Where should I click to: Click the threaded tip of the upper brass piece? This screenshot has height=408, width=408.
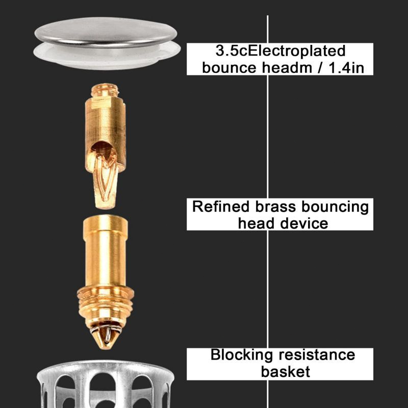(106, 92)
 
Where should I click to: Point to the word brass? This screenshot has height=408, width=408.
(276, 207)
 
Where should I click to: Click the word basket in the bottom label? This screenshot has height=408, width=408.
(285, 371)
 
